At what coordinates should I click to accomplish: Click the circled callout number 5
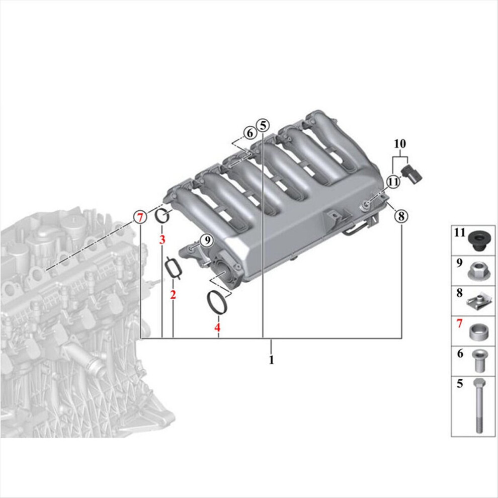[x=263, y=126]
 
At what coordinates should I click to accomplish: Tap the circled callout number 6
[x=250, y=133]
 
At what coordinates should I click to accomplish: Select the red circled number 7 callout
[x=140, y=218]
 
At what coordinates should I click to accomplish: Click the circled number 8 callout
[x=401, y=216]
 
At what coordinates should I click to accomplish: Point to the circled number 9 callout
[x=207, y=240]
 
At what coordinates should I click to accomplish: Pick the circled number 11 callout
[x=393, y=182]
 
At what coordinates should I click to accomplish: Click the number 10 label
[x=400, y=144]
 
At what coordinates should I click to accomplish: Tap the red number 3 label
[x=162, y=239]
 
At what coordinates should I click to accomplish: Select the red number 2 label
[x=173, y=295]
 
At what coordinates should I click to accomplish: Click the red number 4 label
[x=217, y=327]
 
